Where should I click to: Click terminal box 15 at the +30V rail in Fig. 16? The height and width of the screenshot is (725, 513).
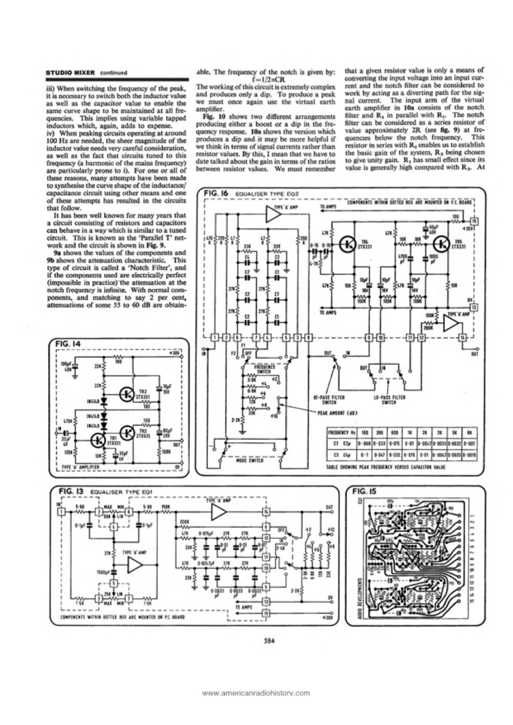point(475,221)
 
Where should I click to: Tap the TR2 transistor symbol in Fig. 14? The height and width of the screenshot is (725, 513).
point(126,394)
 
